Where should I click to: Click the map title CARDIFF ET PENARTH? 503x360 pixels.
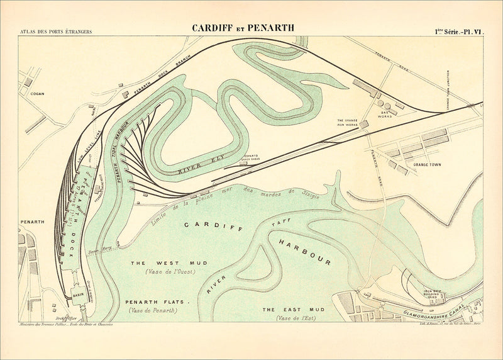243,28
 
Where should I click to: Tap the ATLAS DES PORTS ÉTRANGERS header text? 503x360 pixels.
55,31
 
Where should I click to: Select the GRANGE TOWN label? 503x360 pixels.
427,165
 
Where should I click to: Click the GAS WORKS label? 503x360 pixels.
385,114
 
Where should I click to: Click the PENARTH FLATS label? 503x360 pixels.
157,302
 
